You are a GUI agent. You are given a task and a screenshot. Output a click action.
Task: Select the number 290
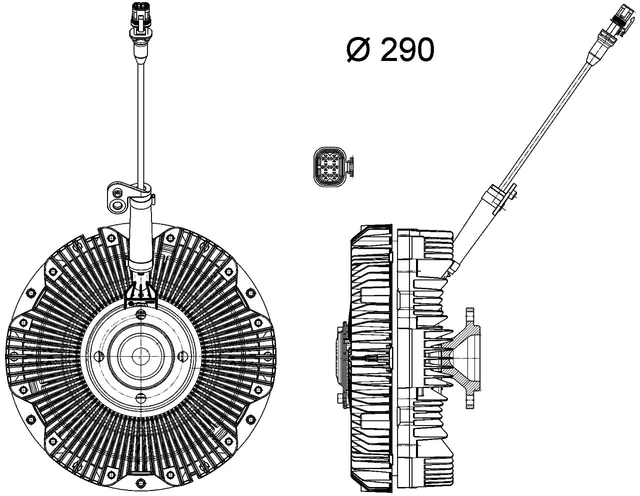(x=406, y=50)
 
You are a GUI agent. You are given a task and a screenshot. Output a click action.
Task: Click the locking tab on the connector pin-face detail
(x=351, y=167)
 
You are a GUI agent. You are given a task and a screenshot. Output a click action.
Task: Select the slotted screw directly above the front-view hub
(x=140, y=313)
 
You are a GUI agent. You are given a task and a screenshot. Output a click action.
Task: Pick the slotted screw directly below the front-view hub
(x=140, y=398)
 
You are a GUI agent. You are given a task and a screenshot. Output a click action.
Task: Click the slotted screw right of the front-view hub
(x=182, y=355)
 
